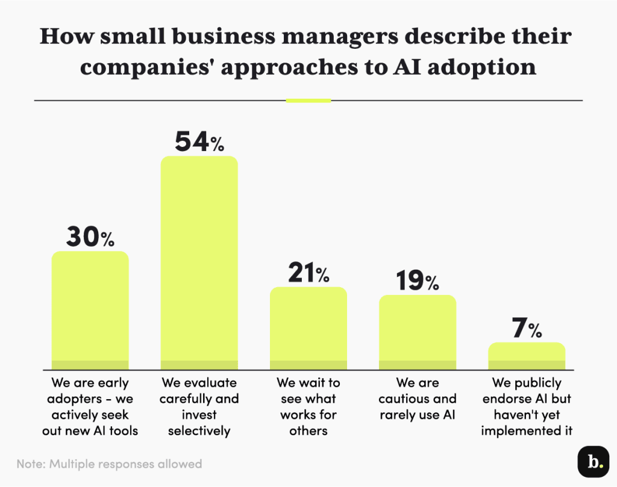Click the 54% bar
pyautogui.click(x=199, y=262)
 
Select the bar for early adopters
pyautogui.click(x=90, y=310)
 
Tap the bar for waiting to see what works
pyautogui.click(x=308, y=328)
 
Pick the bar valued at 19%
pyautogui.click(x=417, y=332)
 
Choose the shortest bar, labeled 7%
pyautogui.click(x=526, y=356)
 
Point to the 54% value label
pyautogui.click(x=199, y=142)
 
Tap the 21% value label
pyautogui.click(x=308, y=274)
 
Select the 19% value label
pyautogui.click(x=417, y=281)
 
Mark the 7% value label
pyautogui.click(x=526, y=329)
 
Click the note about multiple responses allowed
pyautogui.click(x=109, y=464)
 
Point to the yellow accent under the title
pyautogui.click(x=308, y=101)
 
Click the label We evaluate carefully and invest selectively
pyautogui.click(x=199, y=406)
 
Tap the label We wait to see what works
pyautogui.click(x=308, y=406)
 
